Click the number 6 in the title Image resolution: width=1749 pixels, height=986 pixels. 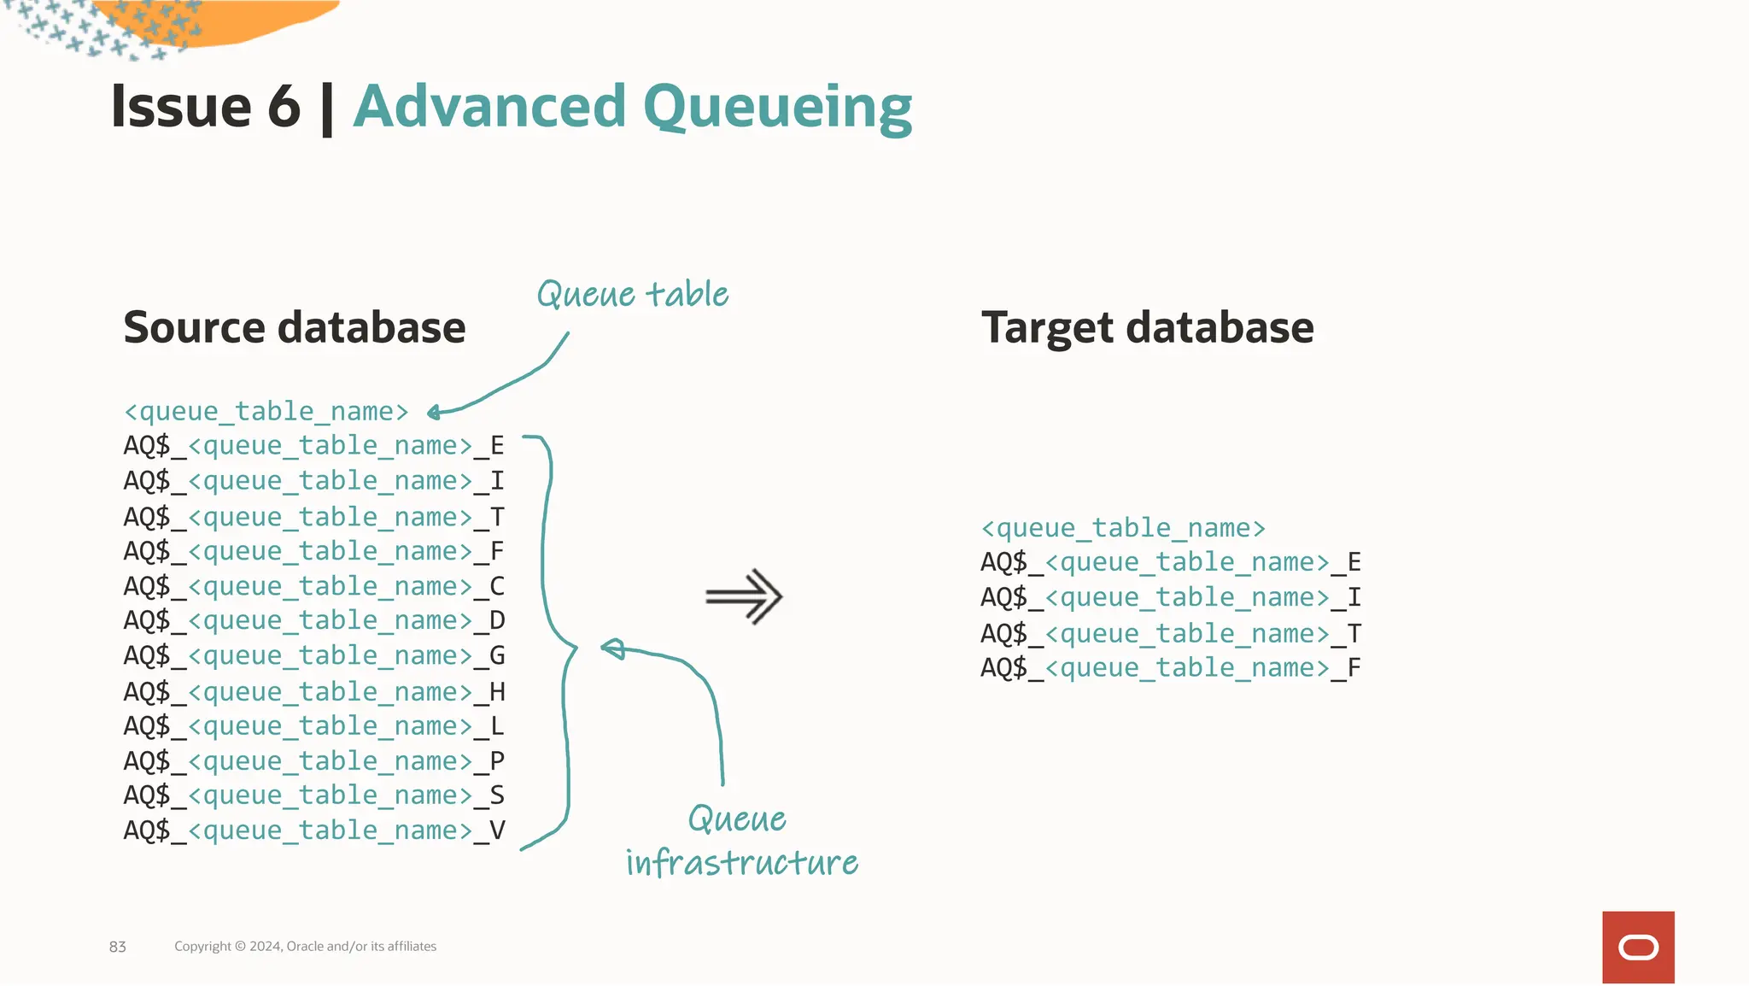284,108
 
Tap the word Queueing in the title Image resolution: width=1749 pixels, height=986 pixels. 777,109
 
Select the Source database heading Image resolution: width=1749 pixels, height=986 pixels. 295,327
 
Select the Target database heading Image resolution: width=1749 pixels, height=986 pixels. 1147,327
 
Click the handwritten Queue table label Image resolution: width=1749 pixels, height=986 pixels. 632,295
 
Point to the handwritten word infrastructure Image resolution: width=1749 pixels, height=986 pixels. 741,862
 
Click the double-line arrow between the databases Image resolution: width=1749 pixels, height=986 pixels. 744,596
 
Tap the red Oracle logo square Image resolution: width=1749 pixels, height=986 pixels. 1637,947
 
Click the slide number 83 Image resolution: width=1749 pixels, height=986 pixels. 118,947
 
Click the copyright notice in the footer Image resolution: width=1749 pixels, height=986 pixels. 305,946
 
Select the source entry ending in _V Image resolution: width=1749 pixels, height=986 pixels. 313,830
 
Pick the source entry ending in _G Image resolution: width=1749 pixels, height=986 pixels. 313,655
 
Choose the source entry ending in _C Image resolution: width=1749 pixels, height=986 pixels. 313,586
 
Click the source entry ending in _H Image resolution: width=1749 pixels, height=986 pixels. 313,691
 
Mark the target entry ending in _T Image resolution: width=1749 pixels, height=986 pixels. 1170,634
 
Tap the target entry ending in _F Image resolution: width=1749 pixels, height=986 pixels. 1170,668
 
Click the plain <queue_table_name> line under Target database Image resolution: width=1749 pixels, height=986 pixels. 1122,528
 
